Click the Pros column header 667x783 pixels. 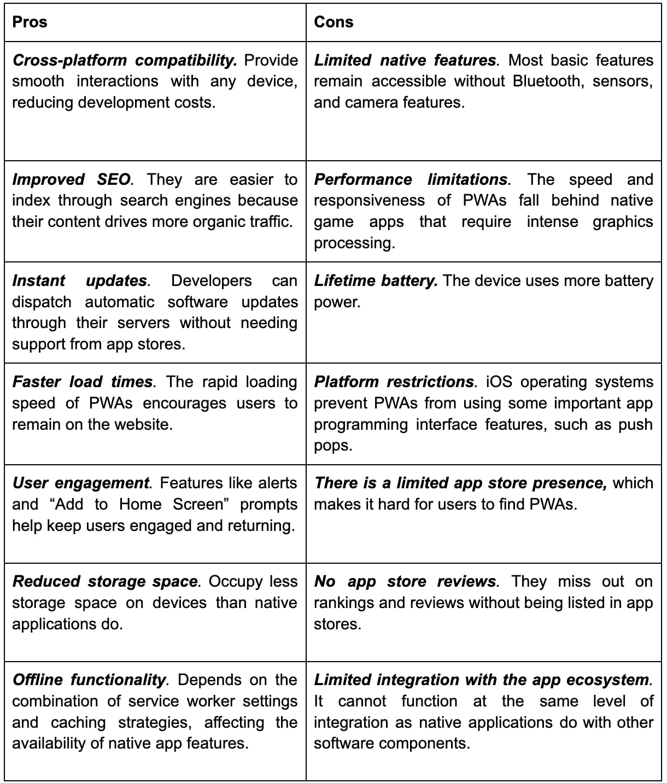click(x=30, y=22)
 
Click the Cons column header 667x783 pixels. click(x=333, y=22)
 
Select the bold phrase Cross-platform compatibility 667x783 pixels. click(x=124, y=60)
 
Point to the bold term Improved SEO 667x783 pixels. click(x=72, y=180)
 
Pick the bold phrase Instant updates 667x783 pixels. click(x=80, y=281)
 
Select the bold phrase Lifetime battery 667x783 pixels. click(x=375, y=281)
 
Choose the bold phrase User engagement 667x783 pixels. click(x=80, y=483)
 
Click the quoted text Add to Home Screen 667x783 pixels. click(x=138, y=505)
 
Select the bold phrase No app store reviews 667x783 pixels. click(x=405, y=582)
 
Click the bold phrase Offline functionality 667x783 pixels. click(x=89, y=680)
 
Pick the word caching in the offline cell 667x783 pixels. click(x=78, y=723)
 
